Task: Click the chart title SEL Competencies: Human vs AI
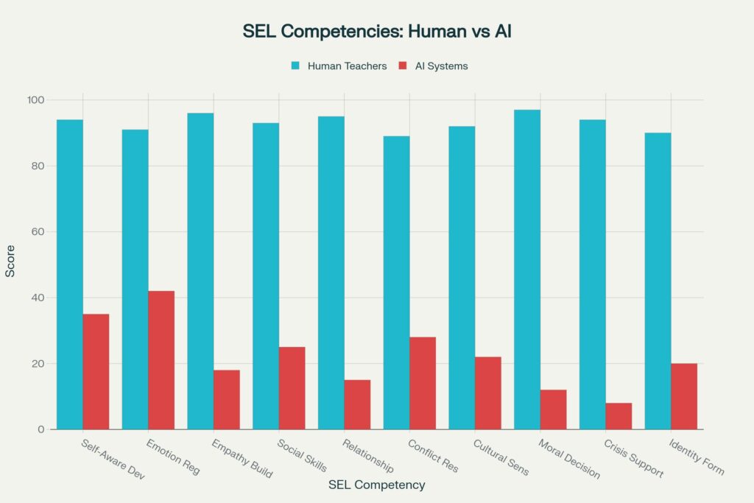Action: (376, 32)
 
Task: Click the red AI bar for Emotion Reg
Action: (161, 360)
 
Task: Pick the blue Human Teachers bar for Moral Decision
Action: (527, 270)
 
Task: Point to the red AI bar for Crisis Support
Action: (619, 416)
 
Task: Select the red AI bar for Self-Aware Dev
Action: (96, 372)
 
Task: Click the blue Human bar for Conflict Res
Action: (396, 283)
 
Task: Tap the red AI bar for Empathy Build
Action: (227, 400)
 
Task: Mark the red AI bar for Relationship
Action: (357, 404)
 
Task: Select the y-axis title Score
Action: (10, 264)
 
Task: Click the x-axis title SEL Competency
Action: (376, 485)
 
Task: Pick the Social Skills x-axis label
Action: (302, 457)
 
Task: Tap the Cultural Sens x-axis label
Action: (501, 457)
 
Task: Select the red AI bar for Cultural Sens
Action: (488, 393)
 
